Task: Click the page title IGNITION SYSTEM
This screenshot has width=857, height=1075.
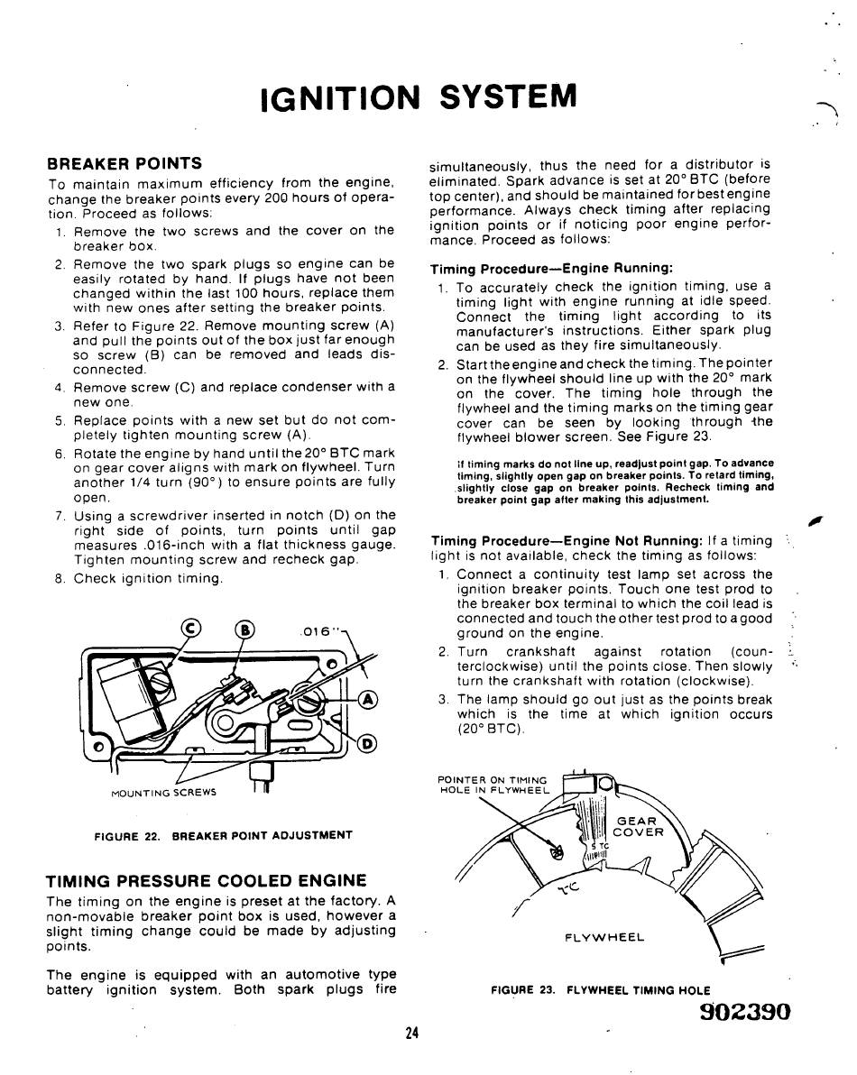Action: pyautogui.click(x=417, y=95)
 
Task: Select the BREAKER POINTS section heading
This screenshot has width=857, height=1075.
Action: pyautogui.click(x=124, y=163)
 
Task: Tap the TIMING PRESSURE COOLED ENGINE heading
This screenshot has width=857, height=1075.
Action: pyautogui.click(x=207, y=880)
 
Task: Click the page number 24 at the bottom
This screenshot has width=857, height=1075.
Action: pyautogui.click(x=412, y=1034)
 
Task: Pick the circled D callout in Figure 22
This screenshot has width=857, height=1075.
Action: pyautogui.click(x=367, y=743)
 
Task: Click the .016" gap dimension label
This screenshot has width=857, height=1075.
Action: pyautogui.click(x=316, y=631)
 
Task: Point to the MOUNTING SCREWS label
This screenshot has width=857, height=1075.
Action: pyautogui.click(x=164, y=793)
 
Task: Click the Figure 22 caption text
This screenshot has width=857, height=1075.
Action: pyautogui.click(x=223, y=835)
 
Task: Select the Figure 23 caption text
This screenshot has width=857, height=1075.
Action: pyautogui.click(x=600, y=990)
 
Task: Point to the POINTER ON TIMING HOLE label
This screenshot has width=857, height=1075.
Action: pyautogui.click(x=493, y=785)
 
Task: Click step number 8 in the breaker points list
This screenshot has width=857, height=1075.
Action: pyautogui.click(x=60, y=579)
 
